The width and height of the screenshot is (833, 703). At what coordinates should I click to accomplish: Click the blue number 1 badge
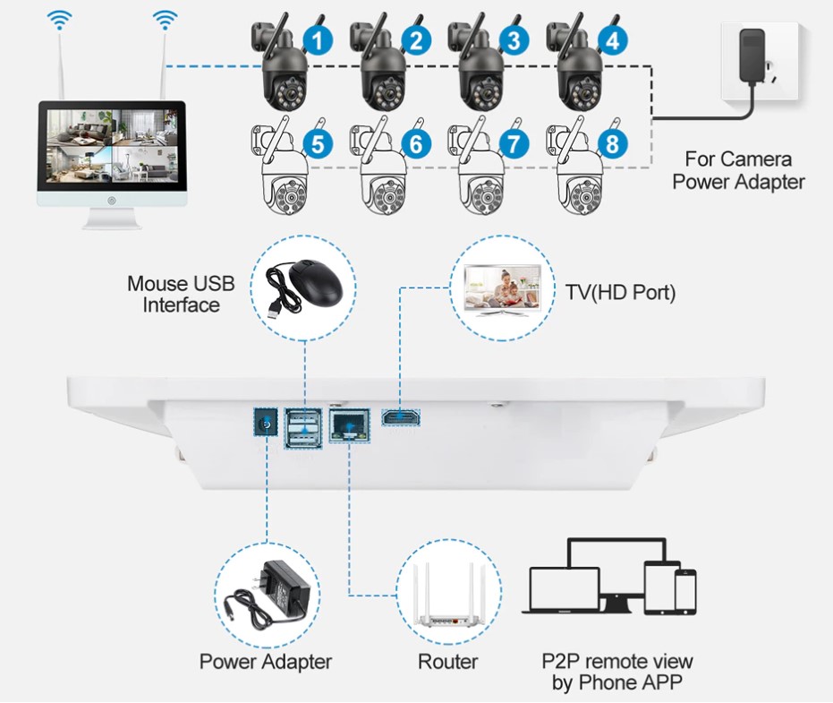coord(319,40)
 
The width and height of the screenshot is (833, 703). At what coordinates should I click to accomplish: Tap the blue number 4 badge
coord(613,40)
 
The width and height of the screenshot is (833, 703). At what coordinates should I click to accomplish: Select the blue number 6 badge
coord(416,143)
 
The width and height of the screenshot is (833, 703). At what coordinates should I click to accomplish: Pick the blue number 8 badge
coord(613,143)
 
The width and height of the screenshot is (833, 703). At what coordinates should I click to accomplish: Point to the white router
coord(449,596)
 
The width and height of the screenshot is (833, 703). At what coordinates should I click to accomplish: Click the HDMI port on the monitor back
coord(401,417)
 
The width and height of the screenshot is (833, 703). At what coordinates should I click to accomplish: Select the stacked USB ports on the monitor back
coord(303,428)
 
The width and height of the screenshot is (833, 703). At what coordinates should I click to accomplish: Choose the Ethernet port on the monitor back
coord(350,424)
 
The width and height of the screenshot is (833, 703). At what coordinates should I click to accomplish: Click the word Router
coord(448,662)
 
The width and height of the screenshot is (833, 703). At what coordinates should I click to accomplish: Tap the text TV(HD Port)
coord(620,293)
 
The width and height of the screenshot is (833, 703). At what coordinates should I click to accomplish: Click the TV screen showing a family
coord(503,287)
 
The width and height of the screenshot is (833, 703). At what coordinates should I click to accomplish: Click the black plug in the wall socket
coord(752,56)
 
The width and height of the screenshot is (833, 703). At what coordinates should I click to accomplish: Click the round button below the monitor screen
coord(112,201)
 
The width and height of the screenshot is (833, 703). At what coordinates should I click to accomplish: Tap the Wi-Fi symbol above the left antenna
coord(59,20)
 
